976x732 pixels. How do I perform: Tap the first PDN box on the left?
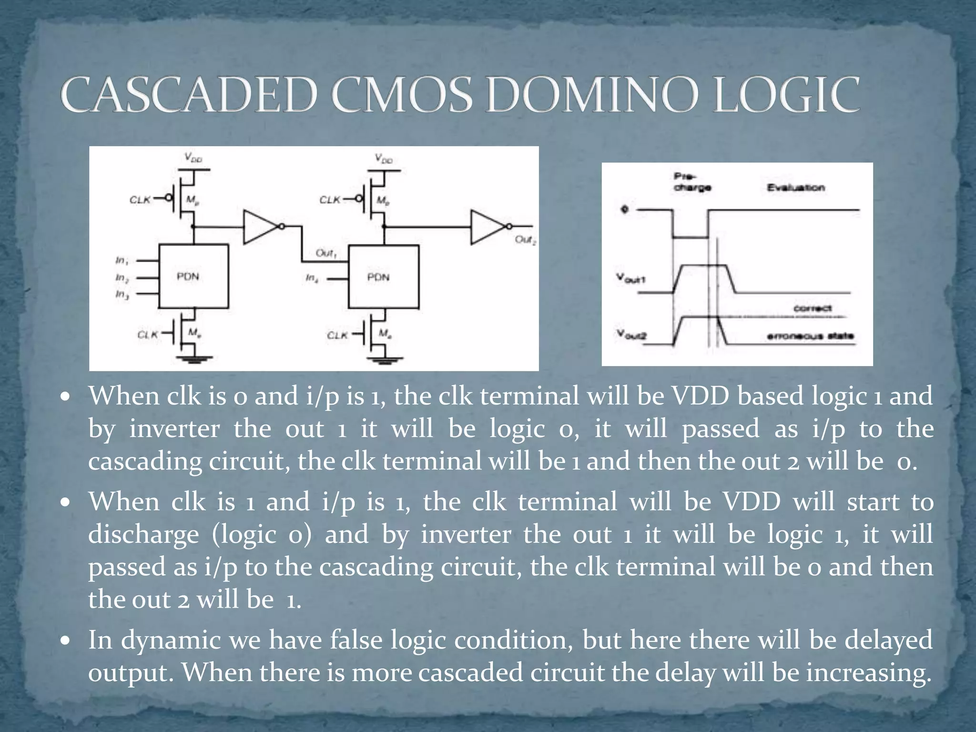coord(193,276)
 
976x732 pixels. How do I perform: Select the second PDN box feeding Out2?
coord(384,276)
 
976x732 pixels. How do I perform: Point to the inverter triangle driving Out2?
coord(487,227)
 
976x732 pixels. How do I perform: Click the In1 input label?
coord(122,260)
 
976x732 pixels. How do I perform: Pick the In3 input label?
coord(122,295)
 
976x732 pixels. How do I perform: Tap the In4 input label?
coord(311,278)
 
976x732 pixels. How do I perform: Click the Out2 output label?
coord(525,240)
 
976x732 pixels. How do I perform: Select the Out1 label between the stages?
coord(326,253)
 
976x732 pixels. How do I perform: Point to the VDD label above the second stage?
coord(384,159)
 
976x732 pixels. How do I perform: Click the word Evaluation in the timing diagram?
coord(795,188)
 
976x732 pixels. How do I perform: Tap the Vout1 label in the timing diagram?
coord(630,278)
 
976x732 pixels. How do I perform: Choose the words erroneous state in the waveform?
coord(810,336)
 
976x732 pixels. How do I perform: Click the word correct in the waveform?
coord(813,308)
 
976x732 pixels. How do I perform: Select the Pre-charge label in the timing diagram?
coord(692,182)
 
